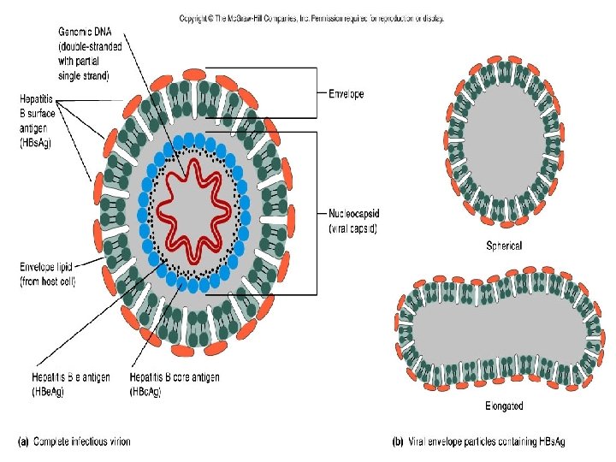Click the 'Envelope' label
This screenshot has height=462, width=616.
(x=346, y=94)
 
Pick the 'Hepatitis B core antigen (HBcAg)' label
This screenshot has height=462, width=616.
(x=175, y=383)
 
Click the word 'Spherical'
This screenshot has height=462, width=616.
(x=503, y=246)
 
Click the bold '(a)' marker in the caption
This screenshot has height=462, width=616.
(x=24, y=441)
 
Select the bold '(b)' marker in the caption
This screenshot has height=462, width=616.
(x=397, y=441)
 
